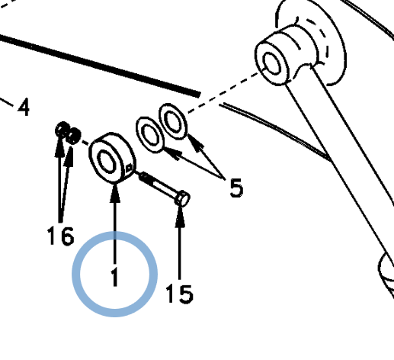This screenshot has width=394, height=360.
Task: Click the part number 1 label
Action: pos(115,277)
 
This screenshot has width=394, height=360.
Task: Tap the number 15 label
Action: pos(179,294)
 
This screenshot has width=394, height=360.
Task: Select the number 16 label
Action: pos(61,236)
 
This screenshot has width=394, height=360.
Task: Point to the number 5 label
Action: pos(236,188)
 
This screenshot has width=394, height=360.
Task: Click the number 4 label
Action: pos(24,107)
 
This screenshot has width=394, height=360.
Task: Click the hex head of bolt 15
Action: pos(182,198)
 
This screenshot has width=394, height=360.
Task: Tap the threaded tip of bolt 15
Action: pos(144,176)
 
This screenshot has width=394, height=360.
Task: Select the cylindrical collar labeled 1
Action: pos(112,158)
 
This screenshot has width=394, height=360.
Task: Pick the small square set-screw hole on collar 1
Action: pos(129,168)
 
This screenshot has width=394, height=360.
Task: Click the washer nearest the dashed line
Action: pos(173,121)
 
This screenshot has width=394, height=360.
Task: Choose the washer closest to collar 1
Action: pos(150,134)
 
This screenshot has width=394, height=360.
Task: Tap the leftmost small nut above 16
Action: pos(62,130)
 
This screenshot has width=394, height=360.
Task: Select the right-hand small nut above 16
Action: pos(73,136)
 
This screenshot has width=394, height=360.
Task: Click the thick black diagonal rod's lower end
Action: pos(197,94)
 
